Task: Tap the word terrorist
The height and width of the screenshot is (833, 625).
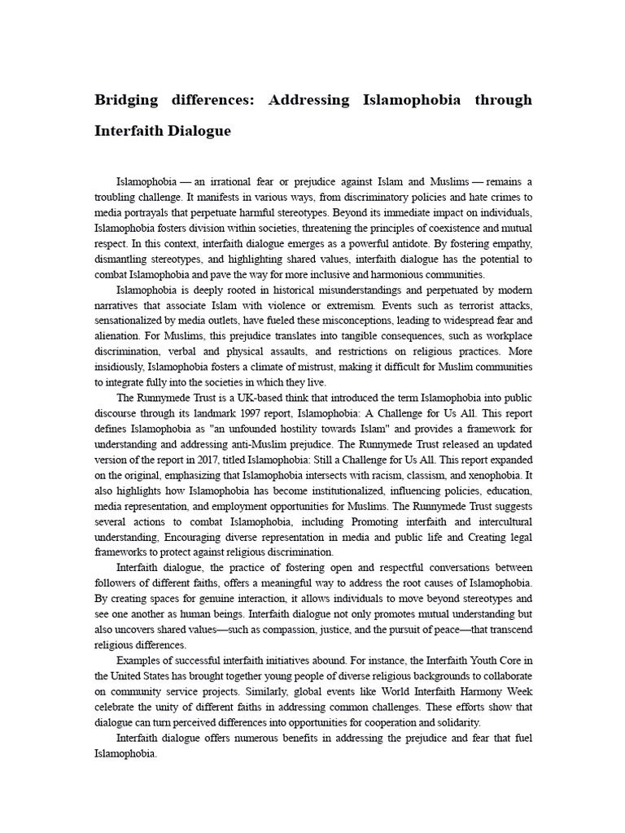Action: click(x=464, y=306)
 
